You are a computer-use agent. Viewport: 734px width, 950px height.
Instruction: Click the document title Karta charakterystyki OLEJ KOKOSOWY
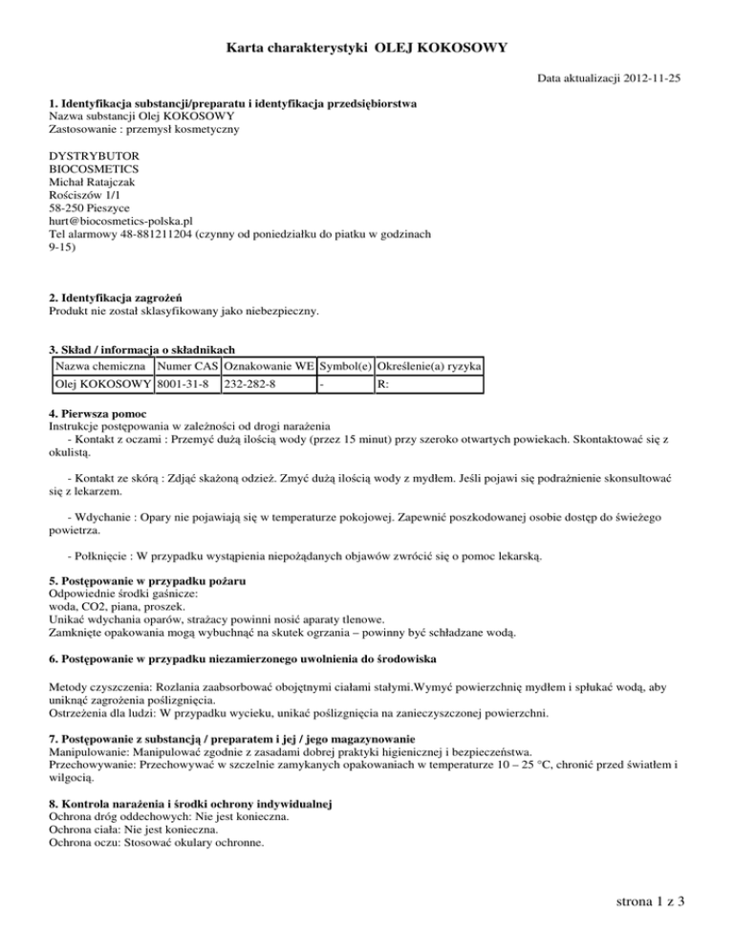tap(367, 46)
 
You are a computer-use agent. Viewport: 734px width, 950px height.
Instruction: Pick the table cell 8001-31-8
tap(183, 385)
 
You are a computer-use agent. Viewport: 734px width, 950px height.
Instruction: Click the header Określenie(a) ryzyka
tap(429, 366)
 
